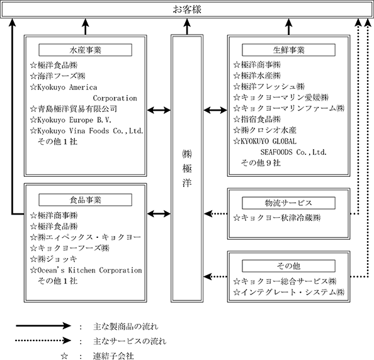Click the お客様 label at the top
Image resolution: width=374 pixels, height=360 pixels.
click(x=187, y=9)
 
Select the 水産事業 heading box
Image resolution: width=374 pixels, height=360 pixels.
click(x=86, y=50)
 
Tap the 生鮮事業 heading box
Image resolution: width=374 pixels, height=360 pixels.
click(x=288, y=50)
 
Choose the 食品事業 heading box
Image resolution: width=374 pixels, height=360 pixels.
click(x=86, y=200)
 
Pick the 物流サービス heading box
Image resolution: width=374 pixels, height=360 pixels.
click(x=288, y=203)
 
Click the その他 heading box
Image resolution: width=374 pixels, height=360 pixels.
click(x=288, y=266)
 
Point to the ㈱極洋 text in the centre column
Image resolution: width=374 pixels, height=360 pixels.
click(x=187, y=168)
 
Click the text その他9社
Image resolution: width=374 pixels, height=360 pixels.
click(x=261, y=163)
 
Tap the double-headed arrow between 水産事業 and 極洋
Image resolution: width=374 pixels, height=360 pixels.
click(x=159, y=110)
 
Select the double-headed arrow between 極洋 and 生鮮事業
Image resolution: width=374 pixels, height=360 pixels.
click(x=215, y=110)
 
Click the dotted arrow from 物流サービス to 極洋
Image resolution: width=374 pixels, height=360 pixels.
click(x=215, y=213)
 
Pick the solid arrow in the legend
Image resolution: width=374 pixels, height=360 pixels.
click(x=43, y=325)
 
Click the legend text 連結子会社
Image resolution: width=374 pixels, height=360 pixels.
click(x=113, y=356)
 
